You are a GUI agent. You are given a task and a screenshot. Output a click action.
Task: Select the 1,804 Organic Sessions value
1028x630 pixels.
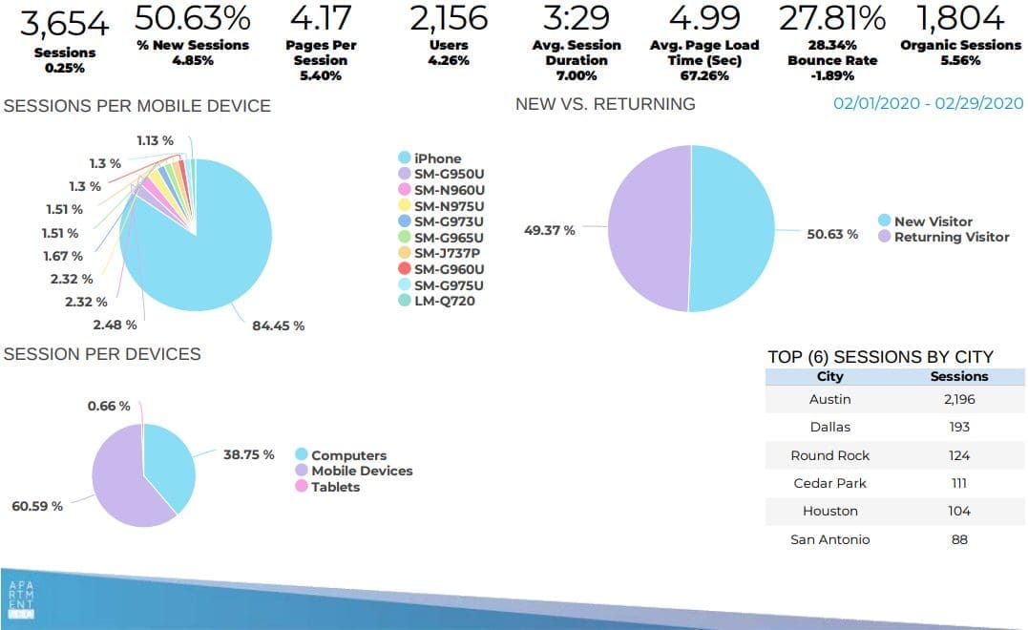pyautogui.click(x=960, y=18)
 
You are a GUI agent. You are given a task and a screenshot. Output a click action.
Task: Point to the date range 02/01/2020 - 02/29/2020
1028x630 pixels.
pyautogui.click(x=928, y=104)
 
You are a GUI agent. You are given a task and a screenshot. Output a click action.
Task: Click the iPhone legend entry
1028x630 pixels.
pyautogui.click(x=436, y=158)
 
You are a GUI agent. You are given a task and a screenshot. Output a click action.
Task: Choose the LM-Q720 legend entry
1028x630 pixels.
pyautogui.click(x=444, y=302)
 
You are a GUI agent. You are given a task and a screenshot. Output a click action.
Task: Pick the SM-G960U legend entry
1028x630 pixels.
pyautogui.click(x=448, y=269)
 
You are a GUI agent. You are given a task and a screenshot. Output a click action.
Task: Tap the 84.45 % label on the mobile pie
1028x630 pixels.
pyautogui.click(x=279, y=326)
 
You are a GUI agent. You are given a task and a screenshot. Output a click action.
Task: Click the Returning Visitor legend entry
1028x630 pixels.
pyautogui.click(x=951, y=237)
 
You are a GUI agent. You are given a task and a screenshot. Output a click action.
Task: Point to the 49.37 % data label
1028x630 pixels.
pyautogui.click(x=549, y=230)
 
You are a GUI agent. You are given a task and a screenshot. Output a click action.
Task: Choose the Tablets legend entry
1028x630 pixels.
pyautogui.click(x=335, y=487)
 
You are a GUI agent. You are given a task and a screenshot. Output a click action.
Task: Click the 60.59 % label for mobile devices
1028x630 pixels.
pyautogui.click(x=37, y=506)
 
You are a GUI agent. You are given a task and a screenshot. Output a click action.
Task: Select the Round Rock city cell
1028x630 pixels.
pyautogui.click(x=830, y=455)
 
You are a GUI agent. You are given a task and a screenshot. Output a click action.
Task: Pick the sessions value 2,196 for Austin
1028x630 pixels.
pyautogui.click(x=959, y=399)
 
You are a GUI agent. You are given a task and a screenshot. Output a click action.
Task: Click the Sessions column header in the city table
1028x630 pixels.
pyautogui.click(x=959, y=377)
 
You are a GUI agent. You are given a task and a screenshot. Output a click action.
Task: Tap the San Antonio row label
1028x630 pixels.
pyautogui.click(x=830, y=539)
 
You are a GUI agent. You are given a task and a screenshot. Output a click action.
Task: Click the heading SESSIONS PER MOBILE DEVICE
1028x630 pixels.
pyautogui.click(x=137, y=106)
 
